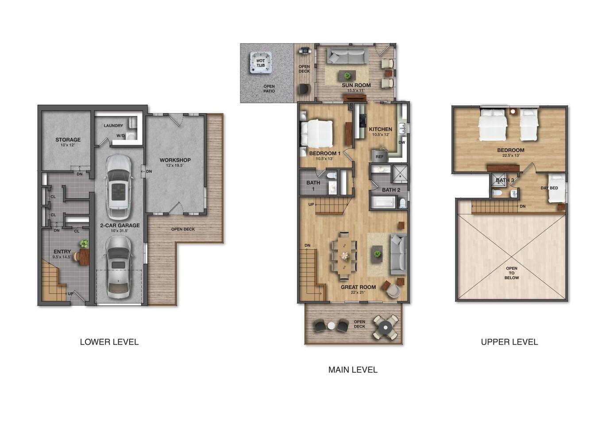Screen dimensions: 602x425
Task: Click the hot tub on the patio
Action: (261, 62)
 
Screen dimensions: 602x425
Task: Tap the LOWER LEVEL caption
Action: (109, 342)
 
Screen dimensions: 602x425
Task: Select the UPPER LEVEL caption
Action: (509, 342)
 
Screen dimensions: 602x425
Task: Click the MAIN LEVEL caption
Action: (353, 370)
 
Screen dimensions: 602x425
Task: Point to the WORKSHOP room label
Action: (175, 160)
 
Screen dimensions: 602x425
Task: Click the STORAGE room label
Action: (68, 139)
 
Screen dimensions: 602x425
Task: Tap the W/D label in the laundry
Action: (121, 136)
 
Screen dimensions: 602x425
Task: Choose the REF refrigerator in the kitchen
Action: (379, 156)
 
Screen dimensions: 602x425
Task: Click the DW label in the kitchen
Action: (402, 142)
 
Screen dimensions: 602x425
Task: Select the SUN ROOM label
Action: (356, 85)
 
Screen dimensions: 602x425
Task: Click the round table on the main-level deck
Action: (386, 328)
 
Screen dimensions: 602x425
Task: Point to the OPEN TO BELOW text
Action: (511, 273)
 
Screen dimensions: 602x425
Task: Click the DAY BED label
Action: (549, 188)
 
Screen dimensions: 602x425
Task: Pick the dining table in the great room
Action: (344, 255)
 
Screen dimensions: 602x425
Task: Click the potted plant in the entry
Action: (84, 243)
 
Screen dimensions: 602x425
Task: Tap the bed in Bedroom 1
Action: (316, 134)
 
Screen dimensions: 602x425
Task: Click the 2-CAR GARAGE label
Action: (120, 225)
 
